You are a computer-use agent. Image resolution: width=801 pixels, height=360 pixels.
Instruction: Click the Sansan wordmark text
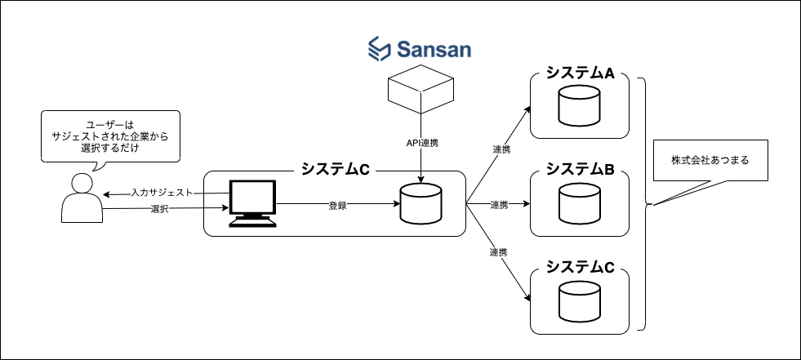[434, 50]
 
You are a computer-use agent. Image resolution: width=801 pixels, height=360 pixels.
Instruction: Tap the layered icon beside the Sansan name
[380, 49]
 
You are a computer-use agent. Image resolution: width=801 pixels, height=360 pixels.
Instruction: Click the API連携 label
[419, 144]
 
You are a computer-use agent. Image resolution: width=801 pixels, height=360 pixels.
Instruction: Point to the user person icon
[82, 198]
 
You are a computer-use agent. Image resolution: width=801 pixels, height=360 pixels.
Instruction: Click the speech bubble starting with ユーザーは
[111, 136]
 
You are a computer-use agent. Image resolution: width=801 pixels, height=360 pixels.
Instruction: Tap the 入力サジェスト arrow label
[162, 193]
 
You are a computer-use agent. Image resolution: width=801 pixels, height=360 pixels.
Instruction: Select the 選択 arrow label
[159, 209]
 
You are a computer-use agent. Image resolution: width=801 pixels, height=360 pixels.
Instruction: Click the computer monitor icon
[251, 203]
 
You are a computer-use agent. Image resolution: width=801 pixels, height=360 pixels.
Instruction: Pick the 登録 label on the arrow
[338, 207]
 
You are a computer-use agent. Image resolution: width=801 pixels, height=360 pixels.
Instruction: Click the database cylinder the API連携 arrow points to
[421, 204]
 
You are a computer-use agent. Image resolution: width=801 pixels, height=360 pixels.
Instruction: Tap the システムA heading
[580, 73]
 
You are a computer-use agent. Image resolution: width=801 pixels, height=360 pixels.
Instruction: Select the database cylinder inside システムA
[579, 105]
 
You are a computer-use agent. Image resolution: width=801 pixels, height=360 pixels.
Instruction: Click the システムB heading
[580, 170]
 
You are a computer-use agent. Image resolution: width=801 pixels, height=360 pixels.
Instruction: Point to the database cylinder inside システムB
[579, 203]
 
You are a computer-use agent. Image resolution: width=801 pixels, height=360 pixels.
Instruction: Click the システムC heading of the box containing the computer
[335, 170]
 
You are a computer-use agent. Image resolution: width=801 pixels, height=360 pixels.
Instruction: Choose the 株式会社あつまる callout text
[710, 160]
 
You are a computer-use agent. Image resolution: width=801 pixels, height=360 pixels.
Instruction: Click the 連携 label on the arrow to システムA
[502, 149]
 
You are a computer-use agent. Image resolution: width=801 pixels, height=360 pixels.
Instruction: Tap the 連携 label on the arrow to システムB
[499, 205]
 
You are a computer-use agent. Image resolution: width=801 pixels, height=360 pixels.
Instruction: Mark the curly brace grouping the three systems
[646, 204]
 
